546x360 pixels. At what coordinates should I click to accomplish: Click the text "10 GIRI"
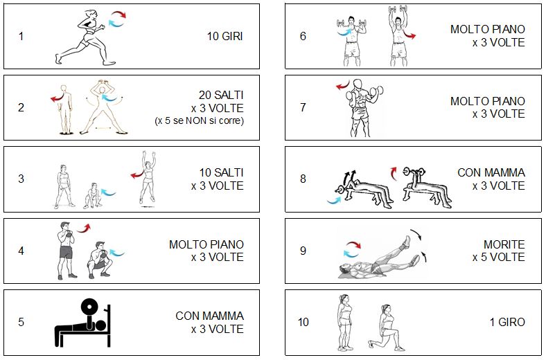tap(224, 36)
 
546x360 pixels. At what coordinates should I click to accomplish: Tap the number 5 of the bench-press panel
tap(21, 322)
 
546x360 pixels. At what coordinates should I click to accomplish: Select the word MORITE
tap(504, 244)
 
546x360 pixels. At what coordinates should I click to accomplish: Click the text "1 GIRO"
tap(507, 322)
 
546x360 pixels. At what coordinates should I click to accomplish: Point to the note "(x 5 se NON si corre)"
tap(199, 120)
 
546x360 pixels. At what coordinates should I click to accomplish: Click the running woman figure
tap(85, 37)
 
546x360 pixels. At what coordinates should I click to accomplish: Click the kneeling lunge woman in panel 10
tap(386, 328)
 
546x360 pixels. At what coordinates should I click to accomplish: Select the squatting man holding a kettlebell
tap(99, 260)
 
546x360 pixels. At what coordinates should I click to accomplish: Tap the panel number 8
tap(303, 179)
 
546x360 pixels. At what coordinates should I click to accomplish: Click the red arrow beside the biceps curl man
tap(343, 85)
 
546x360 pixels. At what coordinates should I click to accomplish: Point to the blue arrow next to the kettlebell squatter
tap(116, 253)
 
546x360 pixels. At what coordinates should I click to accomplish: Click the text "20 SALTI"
tap(221, 95)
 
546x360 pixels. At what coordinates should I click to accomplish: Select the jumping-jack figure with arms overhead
tap(103, 107)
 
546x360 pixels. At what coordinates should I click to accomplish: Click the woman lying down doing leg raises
tap(380, 258)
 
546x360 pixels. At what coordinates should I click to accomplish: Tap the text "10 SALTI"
tap(221, 172)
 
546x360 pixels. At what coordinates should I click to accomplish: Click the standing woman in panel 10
tap(344, 323)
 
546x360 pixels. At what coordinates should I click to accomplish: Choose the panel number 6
tap(303, 36)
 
